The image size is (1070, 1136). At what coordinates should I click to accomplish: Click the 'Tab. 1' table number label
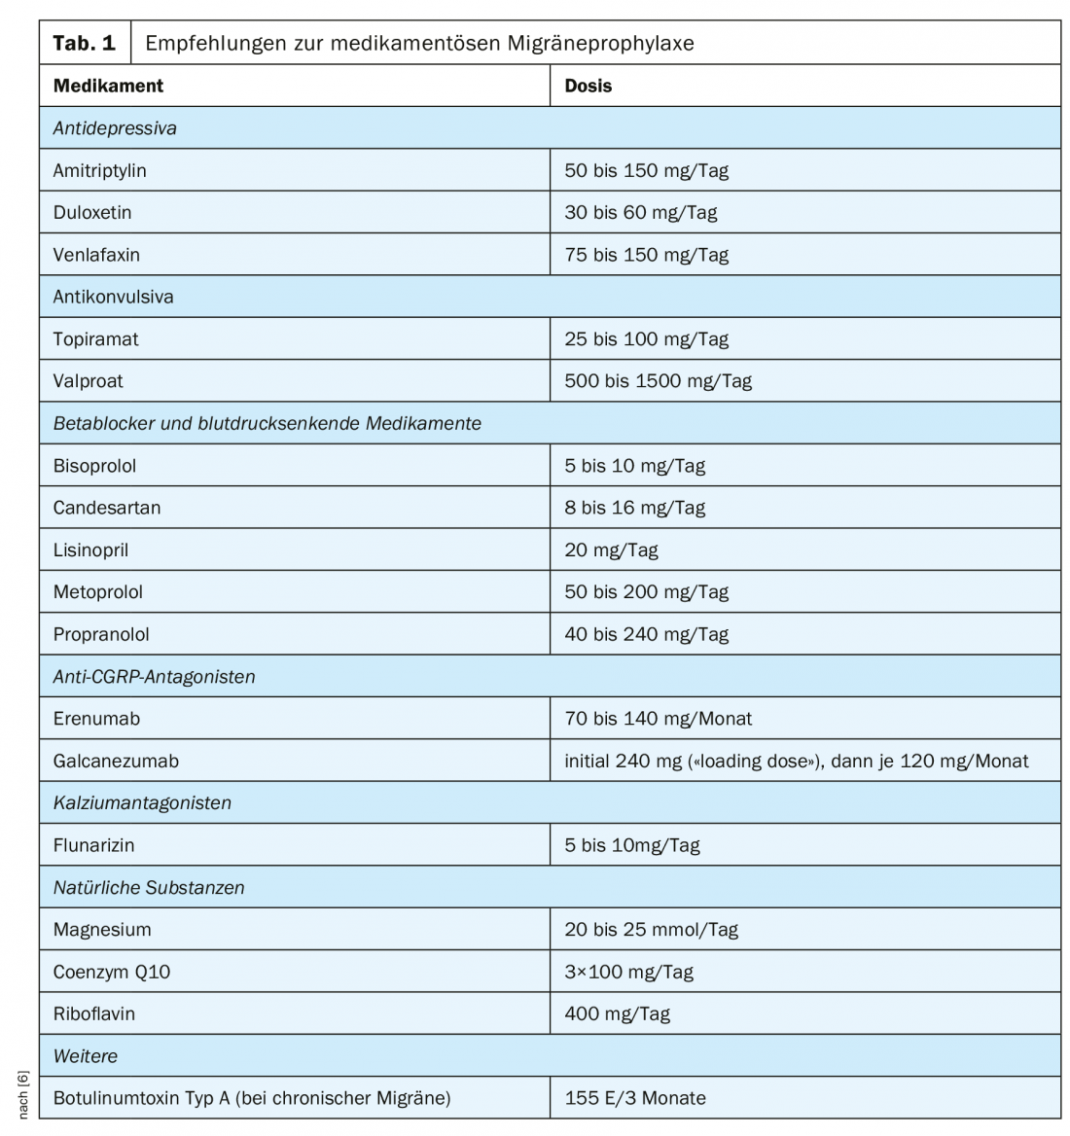click(x=84, y=43)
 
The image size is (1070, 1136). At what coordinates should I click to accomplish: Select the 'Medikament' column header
click(x=108, y=86)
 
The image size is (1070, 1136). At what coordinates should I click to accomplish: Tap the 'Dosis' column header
click(x=588, y=86)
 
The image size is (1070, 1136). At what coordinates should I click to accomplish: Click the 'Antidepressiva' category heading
click(x=115, y=128)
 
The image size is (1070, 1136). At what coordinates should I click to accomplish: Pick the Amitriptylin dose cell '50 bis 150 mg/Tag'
click(x=646, y=170)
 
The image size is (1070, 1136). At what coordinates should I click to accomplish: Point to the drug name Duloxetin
click(x=92, y=212)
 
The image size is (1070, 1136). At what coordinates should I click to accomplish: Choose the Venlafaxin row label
click(x=96, y=255)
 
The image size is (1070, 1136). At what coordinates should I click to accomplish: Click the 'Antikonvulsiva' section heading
click(x=113, y=297)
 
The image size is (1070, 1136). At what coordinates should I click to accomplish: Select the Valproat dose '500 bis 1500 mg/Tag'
click(x=658, y=381)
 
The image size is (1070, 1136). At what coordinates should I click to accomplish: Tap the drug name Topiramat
click(x=95, y=339)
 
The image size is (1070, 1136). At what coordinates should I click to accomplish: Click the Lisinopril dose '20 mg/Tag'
click(x=611, y=550)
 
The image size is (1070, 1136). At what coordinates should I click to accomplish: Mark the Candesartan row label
click(x=107, y=508)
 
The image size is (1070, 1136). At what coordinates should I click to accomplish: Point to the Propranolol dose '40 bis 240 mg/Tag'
click(x=646, y=634)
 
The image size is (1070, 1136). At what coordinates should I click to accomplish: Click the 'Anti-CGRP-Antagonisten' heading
click(x=154, y=677)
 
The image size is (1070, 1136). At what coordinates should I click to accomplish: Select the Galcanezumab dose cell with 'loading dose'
click(x=796, y=761)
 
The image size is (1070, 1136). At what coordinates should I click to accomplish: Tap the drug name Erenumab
click(x=96, y=719)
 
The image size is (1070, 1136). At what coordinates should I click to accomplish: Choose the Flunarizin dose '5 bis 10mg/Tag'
click(x=632, y=845)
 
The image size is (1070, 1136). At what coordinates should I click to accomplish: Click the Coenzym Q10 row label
click(x=112, y=972)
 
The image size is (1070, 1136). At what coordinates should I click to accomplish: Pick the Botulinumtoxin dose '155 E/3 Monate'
click(x=635, y=1098)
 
